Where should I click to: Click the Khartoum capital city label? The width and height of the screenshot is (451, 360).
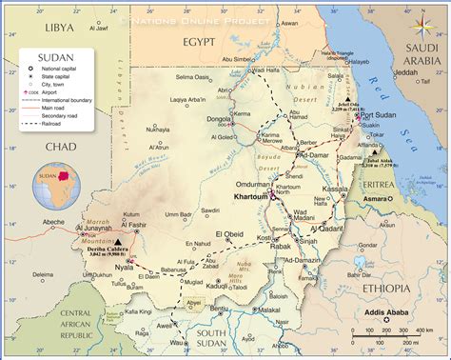pyautogui.click(x=251, y=197)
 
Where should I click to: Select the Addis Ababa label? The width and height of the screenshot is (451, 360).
pyautogui.click(x=382, y=311)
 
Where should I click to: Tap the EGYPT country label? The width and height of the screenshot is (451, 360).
pyautogui.click(x=207, y=44)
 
